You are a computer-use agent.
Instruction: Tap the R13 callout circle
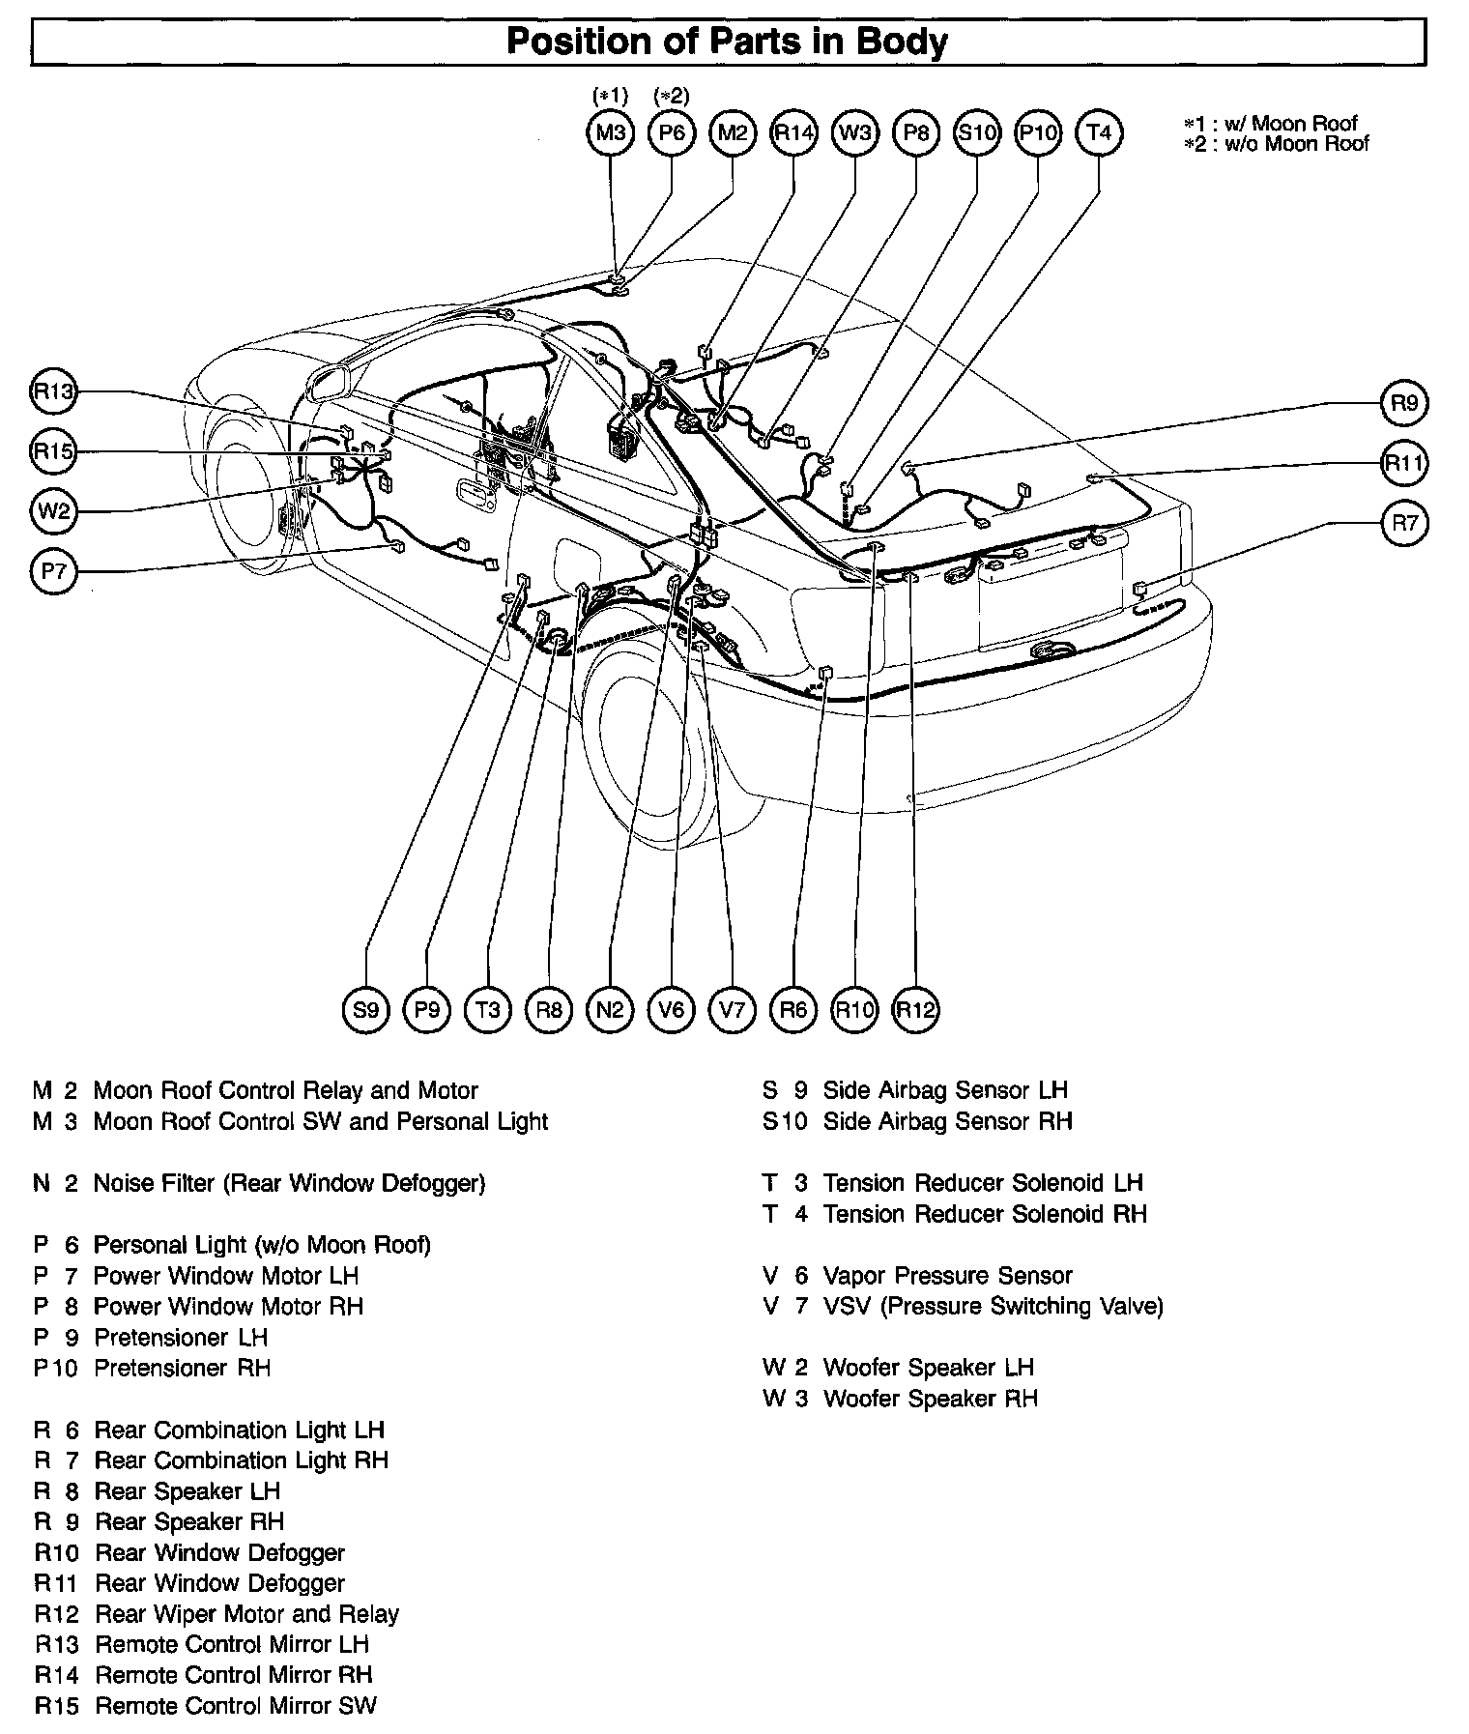(54, 391)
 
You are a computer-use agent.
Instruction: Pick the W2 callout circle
(54, 510)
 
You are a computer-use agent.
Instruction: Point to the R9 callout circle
(1404, 403)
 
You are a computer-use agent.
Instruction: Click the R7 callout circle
(1404, 523)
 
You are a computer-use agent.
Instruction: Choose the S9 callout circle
(366, 1010)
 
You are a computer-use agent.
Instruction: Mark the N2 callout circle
(610, 1010)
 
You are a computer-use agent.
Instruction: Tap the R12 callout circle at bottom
(915, 1010)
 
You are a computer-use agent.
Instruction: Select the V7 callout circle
(732, 1010)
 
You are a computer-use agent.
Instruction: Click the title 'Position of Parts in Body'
(727, 42)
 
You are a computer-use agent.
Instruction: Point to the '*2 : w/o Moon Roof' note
(1277, 144)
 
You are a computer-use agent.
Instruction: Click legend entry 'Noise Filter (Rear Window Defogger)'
(289, 1183)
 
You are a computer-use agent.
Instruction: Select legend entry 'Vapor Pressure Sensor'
(947, 1276)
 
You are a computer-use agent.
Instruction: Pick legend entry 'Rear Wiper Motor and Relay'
(246, 1614)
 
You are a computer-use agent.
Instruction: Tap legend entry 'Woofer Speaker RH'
(930, 1399)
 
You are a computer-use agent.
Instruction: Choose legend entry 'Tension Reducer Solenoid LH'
(982, 1183)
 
